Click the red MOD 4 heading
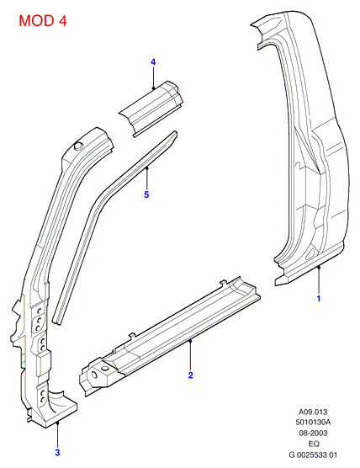[43, 20]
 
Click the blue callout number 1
[319, 298]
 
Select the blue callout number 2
[191, 375]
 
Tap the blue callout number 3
[57, 453]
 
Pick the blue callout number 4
[153, 62]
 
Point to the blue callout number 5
[146, 194]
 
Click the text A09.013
[313, 412]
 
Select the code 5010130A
[313, 423]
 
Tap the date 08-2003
[313, 433]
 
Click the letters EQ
[314, 444]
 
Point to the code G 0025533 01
[313, 455]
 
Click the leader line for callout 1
[319, 279]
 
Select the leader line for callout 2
[191, 354]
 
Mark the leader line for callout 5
[146, 178]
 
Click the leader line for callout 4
[153, 78]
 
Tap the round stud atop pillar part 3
[78, 146]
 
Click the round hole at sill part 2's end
[93, 375]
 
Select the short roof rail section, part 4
[151, 109]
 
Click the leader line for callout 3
[58, 435]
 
